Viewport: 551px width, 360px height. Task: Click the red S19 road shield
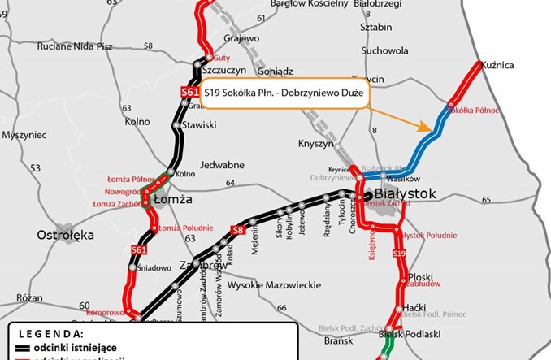pos(399,256)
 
